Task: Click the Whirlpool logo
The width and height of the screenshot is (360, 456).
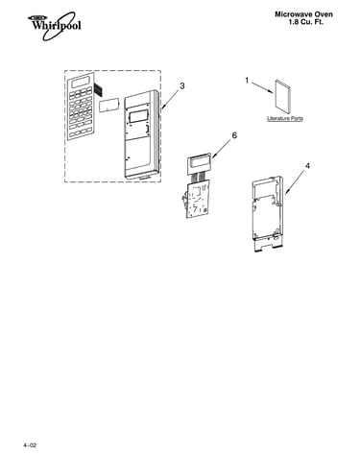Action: tap(55, 26)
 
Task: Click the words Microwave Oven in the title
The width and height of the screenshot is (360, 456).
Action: tap(303, 14)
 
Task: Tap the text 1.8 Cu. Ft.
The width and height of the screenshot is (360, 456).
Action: tap(306, 22)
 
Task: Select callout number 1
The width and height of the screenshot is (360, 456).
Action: tap(247, 81)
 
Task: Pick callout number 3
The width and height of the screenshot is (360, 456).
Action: tap(181, 85)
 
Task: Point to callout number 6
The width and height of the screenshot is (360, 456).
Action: tap(234, 135)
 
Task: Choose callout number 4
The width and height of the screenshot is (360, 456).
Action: tap(307, 166)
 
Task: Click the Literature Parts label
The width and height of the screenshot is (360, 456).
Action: tap(285, 119)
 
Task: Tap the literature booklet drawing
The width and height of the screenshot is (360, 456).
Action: tap(282, 97)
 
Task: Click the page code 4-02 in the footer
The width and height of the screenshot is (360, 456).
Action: tap(30, 445)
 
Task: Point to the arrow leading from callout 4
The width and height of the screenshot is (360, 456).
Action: tap(295, 182)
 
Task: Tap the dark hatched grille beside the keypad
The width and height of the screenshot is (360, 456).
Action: tap(99, 90)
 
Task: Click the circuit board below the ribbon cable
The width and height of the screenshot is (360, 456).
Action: tap(197, 199)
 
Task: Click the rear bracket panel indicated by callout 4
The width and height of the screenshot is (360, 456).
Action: tap(267, 213)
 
